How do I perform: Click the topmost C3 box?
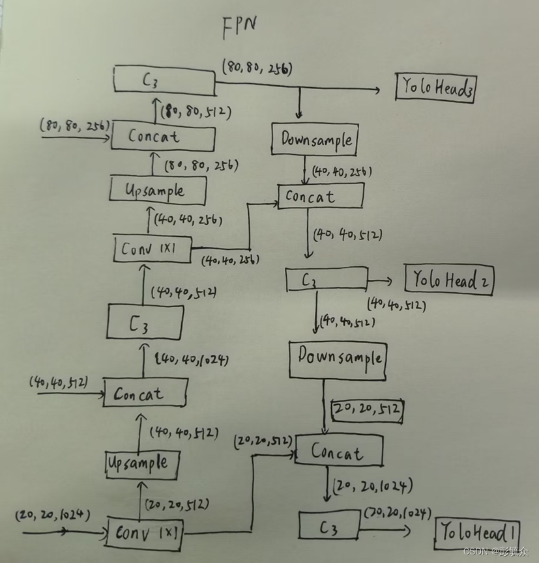tap(164, 80)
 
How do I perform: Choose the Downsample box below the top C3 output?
tap(315, 139)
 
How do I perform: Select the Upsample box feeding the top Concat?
tap(158, 191)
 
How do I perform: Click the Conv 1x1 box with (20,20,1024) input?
tap(145, 532)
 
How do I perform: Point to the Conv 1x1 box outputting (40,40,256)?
tap(153, 249)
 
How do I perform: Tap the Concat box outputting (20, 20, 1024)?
tap(338, 450)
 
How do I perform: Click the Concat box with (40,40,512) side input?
tap(145, 393)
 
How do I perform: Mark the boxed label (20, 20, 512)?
tap(368, 409)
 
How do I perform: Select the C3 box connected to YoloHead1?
tap(329, 525)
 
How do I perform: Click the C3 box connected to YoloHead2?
tap(326, 280)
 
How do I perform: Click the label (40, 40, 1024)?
tap(192, 359)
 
